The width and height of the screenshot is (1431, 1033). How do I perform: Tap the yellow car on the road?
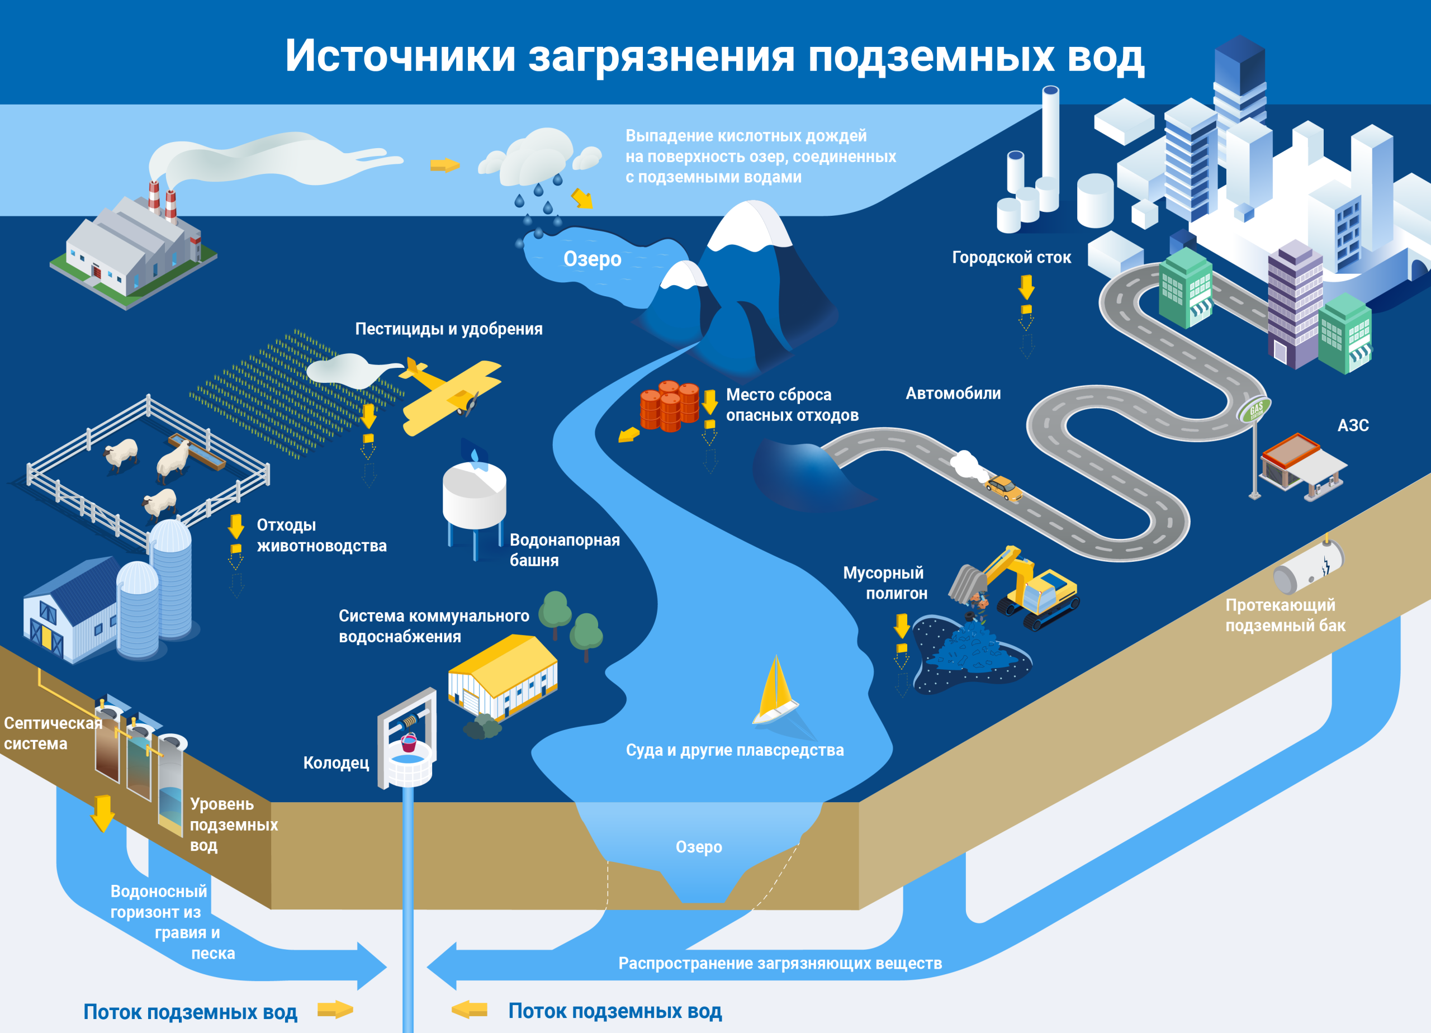pos(1003,488)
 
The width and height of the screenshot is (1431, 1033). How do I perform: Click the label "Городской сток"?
pos(1011,258)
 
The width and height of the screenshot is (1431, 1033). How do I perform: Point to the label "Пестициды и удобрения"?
pos(449,329)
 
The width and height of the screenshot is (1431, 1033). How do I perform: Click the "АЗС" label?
pos(1353,425)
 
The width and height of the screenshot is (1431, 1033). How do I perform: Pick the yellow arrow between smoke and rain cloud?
pos(445,165)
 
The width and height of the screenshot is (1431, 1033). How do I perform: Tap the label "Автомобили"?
pos(953,393)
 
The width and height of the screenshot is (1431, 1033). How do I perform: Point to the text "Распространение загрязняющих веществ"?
pos(780,964)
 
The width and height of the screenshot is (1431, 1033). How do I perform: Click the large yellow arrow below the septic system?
pos(102,814)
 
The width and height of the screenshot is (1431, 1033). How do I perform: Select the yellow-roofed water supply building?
pos(503,675)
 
